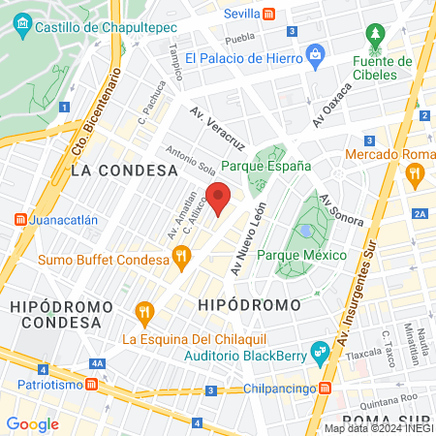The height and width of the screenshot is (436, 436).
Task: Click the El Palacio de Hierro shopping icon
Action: pyautogui.click(x=313, y=57)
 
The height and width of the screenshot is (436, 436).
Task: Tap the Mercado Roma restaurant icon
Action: pyautogui.click(x=416, y=175)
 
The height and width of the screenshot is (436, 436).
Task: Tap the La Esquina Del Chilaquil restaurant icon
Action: pyautogui.click(x=145, y=312)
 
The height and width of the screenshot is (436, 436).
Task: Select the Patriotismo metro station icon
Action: pyautogui.click(x=91, y=384)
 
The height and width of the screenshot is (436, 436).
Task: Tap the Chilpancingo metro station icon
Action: pyautogui.click(x=325, y=389)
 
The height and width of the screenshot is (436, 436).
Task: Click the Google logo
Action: pyautogui.click(x=32, y=423)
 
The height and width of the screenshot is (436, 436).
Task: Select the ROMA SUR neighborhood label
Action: pyautogui.click(x=388, y=420)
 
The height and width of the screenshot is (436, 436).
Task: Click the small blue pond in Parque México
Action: pyautogui.click(x=307, y=232)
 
